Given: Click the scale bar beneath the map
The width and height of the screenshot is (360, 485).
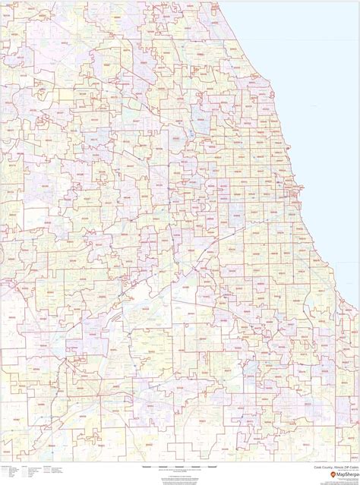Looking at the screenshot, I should click(180, 465).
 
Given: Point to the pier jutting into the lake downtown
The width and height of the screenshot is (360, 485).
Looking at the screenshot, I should click(299, 183).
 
